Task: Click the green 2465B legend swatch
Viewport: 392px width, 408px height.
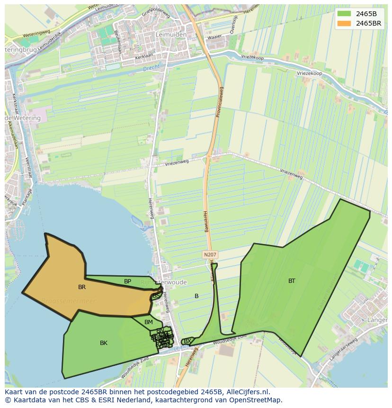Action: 345,13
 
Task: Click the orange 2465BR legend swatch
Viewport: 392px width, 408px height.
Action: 345,23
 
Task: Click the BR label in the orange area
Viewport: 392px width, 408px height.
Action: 82,287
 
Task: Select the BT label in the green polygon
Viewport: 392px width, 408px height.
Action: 292,281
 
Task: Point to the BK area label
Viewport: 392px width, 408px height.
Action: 104,343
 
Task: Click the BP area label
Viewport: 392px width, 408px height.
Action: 127,281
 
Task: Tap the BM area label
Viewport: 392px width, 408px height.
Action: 149,322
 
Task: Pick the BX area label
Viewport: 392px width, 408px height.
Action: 187,341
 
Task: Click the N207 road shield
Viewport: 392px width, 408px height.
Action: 210,254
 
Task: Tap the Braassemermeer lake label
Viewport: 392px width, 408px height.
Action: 69,301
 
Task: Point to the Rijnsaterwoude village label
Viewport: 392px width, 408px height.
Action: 167,282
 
